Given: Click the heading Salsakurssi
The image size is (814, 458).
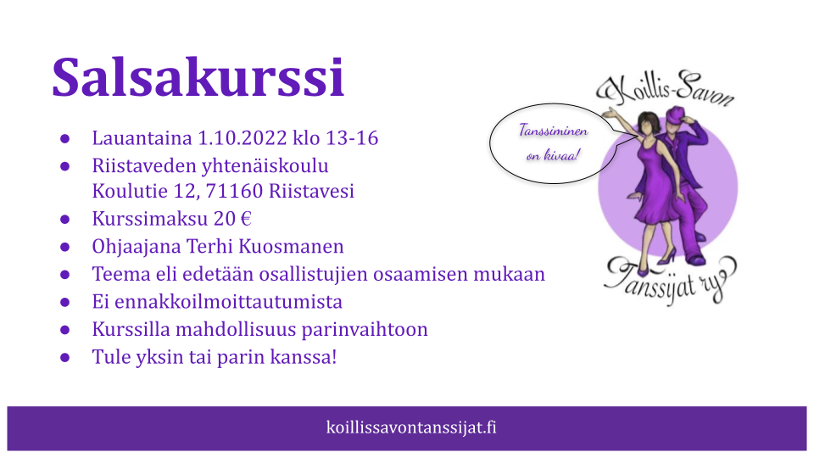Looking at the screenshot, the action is pyautogui.click(x=198, y=77).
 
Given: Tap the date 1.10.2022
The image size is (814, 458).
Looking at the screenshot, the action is pyautogui.click(x=243, y=138).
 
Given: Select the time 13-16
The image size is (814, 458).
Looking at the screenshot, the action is pyautogui.click(x=352, y=138).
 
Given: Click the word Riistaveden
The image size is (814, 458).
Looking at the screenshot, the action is pyautogui.click(x=144, y=165).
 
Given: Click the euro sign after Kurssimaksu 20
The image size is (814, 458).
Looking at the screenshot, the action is pyautogui.click(x=246, y=219).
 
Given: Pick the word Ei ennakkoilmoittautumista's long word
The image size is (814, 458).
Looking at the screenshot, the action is pyautogui.click(x=228, y=302).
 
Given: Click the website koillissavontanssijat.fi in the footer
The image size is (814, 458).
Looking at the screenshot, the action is pyautogui.click(x=411, y=427).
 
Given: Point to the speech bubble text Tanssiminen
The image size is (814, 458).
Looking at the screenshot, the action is pyautogui.click(x=554, y=131).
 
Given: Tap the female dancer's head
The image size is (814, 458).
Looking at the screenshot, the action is pyautogui.click(x=647, y=123).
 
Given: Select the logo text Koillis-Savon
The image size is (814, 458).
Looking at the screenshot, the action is pyautogui.click(x=666, y=89).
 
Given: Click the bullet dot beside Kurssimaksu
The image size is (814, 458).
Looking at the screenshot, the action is pyautogui.click(x=65, y=219).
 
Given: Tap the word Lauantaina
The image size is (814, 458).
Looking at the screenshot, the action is pyautogui.click(x=142, y=138).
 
